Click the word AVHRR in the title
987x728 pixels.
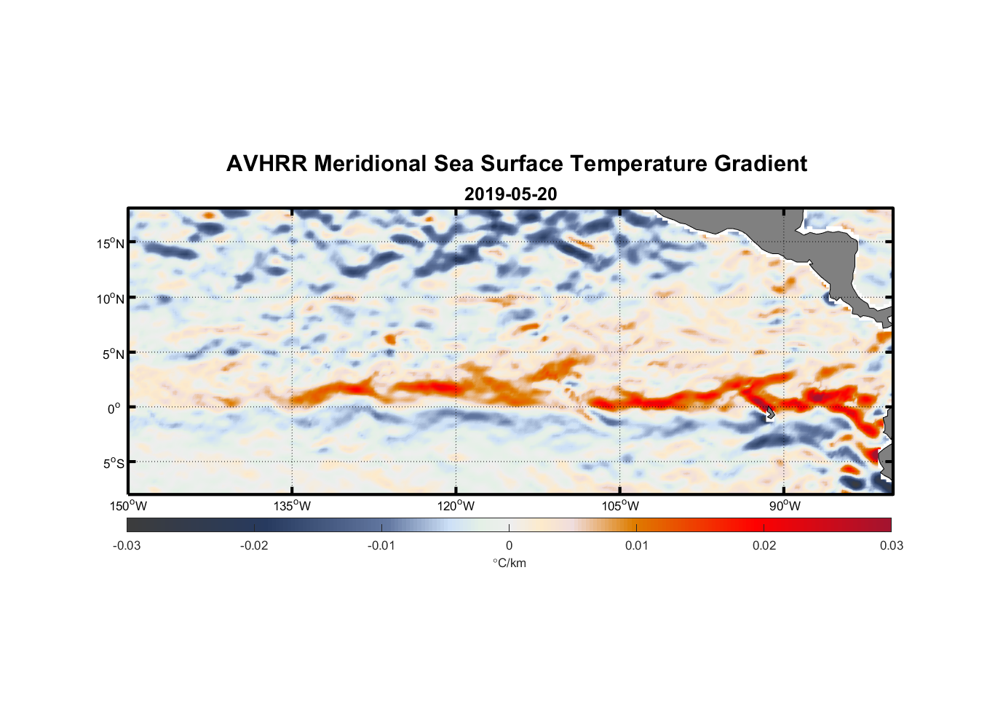pyautogui.click(x=266, y=164)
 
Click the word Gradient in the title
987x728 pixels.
pyautogui.click(x=760, y=164)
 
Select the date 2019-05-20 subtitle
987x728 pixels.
pyautogui.click(x=510, y=194)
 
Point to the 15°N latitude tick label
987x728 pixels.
pyautogui.click(x=111, y=243)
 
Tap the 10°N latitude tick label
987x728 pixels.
pyautogui.click(x=111, y=298)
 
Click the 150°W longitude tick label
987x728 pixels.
pyautogui.click(x=129, y=506)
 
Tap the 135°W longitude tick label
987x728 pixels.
pyautogui.click(x=293, y=506)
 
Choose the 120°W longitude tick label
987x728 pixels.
pyautogui.click(x=456, y=506)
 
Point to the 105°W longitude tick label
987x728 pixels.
pyautogui.click(x=620, y=506)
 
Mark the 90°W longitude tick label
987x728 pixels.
pyautogui.click(x=785, y=506)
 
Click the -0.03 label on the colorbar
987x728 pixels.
pyautogui.click(x=127, y=545)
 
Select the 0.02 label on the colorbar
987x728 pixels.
pyautogui.click(x=764, y=545)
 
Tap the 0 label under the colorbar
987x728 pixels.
pyautogui.click(x=509, y=545)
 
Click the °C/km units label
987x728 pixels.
pyautogui.click(x=510, y=563)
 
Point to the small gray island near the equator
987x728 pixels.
pyautogui.click(x=770, y=413)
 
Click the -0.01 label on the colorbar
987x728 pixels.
pyautogui.click(x=381, y=545)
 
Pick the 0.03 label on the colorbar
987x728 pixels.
pyautogui.click(x=891, y=545)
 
